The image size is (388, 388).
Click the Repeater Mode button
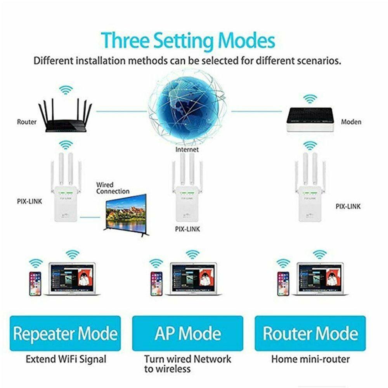(65, 333)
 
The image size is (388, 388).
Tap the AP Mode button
(188, 333)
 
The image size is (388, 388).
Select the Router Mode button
(310, 333)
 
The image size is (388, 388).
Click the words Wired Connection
(113, 188)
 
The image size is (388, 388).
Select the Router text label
(27, 122)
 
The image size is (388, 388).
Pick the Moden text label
(351, 122)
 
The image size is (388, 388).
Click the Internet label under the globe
(187, 149)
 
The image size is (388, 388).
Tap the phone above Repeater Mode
(35, 283)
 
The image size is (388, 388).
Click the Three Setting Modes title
(188, 41)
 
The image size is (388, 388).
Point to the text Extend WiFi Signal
(66, 359)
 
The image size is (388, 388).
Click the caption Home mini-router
(310, 359)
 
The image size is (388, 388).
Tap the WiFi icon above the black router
(66, 90)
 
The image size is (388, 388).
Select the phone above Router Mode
(283, 283)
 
